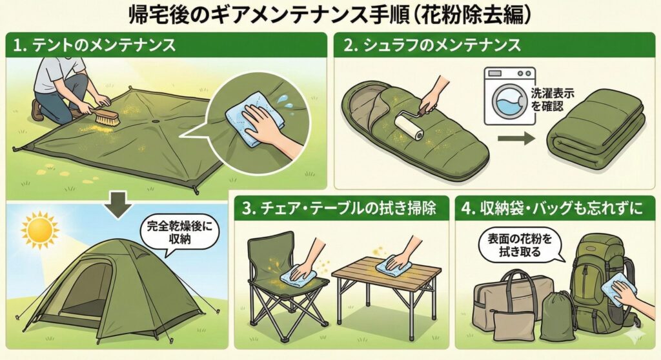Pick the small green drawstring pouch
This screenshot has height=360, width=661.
click(556, 316)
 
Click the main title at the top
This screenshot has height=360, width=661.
click(330, 14)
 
